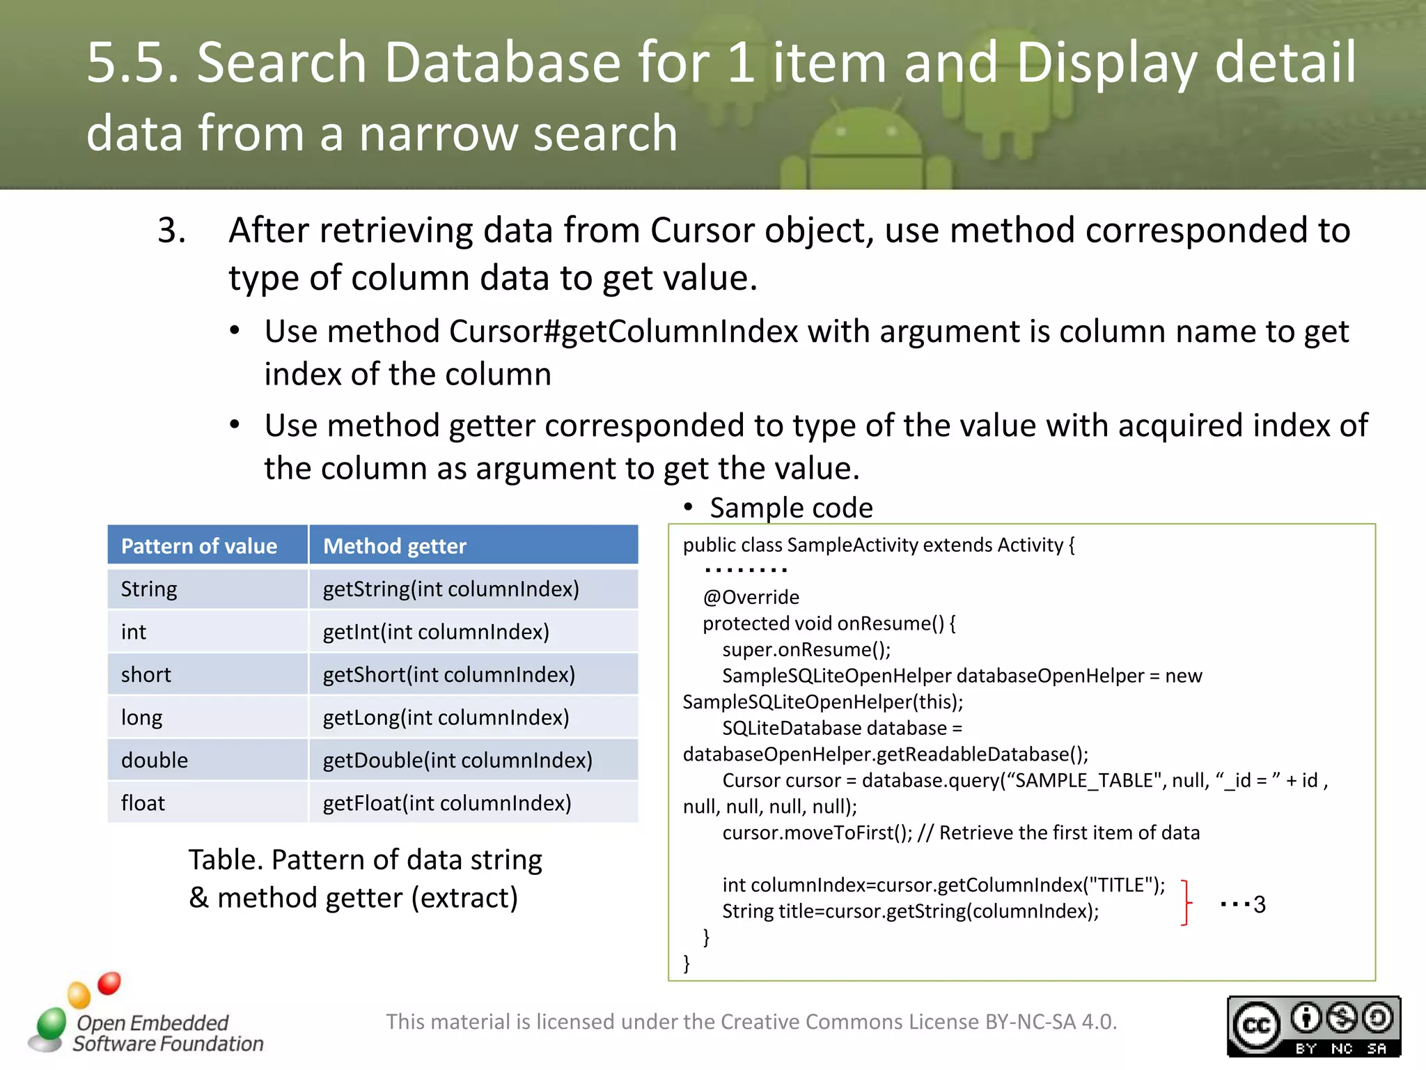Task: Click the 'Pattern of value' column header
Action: coord(199,546)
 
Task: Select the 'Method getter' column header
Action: coord(394,546)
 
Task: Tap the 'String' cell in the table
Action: coord(149,589)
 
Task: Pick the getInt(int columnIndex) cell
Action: coord(436,632)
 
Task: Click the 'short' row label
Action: coord(146,674)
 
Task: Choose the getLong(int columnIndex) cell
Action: coord(446,718)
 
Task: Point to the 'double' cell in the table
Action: coord(155,760)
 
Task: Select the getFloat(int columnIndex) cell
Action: coord(447,803)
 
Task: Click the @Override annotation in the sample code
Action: coord(751,597)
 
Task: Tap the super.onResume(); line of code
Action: coord(806,649)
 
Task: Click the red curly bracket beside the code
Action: coord(1186,902)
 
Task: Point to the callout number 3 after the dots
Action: coord(1259,904)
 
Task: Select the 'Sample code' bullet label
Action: coord(791,508)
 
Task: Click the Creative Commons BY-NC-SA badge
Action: coord(1313,1026)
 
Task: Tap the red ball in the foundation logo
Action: coord(109,983)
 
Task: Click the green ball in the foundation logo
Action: coord(52,1023)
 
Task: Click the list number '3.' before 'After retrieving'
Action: coord(171,231)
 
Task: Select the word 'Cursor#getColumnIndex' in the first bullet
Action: coord(623,332)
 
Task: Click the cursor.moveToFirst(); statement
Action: coord(817,832)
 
